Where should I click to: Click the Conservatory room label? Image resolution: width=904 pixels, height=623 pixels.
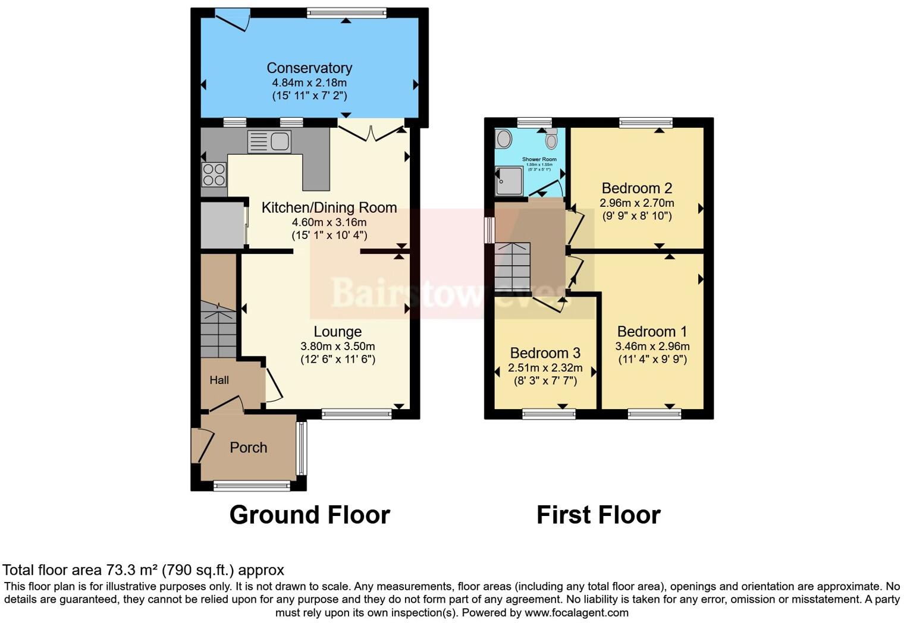point(309,68)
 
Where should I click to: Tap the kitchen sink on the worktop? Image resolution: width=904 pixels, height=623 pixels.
point(269,141)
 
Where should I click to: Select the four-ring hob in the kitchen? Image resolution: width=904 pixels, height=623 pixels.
point(214,174)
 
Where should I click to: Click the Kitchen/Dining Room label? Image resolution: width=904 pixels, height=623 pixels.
point(329,207)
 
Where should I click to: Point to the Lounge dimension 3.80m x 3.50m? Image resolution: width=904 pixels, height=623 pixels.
point(337,346)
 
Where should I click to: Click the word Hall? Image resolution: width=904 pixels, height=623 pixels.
point(219,380)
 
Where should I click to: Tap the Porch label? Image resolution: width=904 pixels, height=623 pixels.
point(248,448)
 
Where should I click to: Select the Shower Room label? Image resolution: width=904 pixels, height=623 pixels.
point(539,159)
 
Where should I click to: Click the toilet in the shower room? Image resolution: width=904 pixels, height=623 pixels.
point(551,140)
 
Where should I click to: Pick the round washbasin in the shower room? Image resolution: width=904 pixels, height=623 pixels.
point(504,139)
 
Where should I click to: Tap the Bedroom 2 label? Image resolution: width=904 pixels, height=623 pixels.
point(636,188)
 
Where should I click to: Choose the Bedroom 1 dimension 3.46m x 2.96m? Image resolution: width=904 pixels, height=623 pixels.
point(652,346)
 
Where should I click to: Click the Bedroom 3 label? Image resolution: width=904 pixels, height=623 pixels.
point(545,353)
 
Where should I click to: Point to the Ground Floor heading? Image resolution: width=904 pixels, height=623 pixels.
point(309,515)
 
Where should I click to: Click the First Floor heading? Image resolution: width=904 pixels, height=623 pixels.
point(598,515)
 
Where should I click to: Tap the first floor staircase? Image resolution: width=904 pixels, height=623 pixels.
point(513,268)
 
